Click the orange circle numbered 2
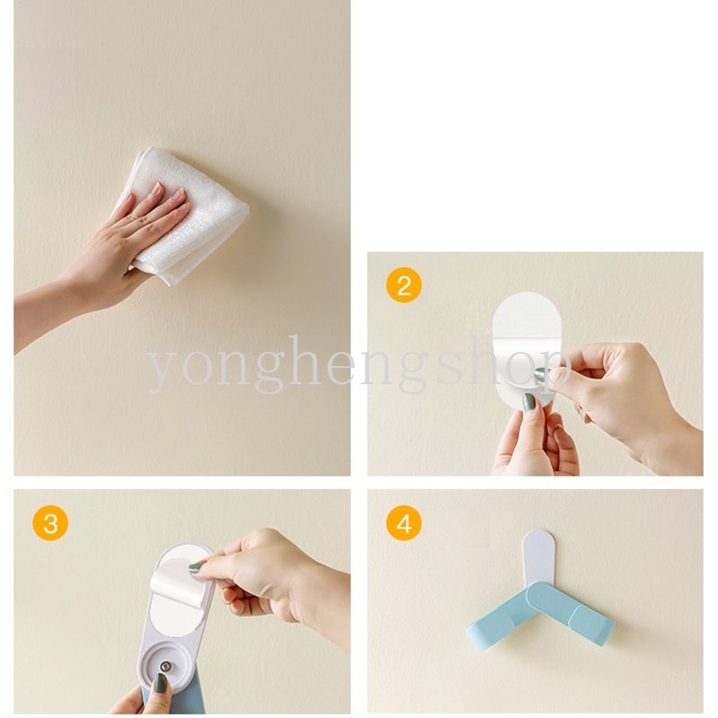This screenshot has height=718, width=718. click(403, 285)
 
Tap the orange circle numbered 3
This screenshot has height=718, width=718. click(50, 522)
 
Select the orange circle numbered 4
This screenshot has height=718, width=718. click(403, 522)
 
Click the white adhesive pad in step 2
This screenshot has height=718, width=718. click(527, 348)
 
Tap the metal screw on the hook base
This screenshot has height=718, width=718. click(164, 666)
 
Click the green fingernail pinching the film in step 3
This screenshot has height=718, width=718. click(196, 567)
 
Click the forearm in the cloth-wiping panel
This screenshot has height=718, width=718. click(41, 316)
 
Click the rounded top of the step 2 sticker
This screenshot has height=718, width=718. click(527, 311)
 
